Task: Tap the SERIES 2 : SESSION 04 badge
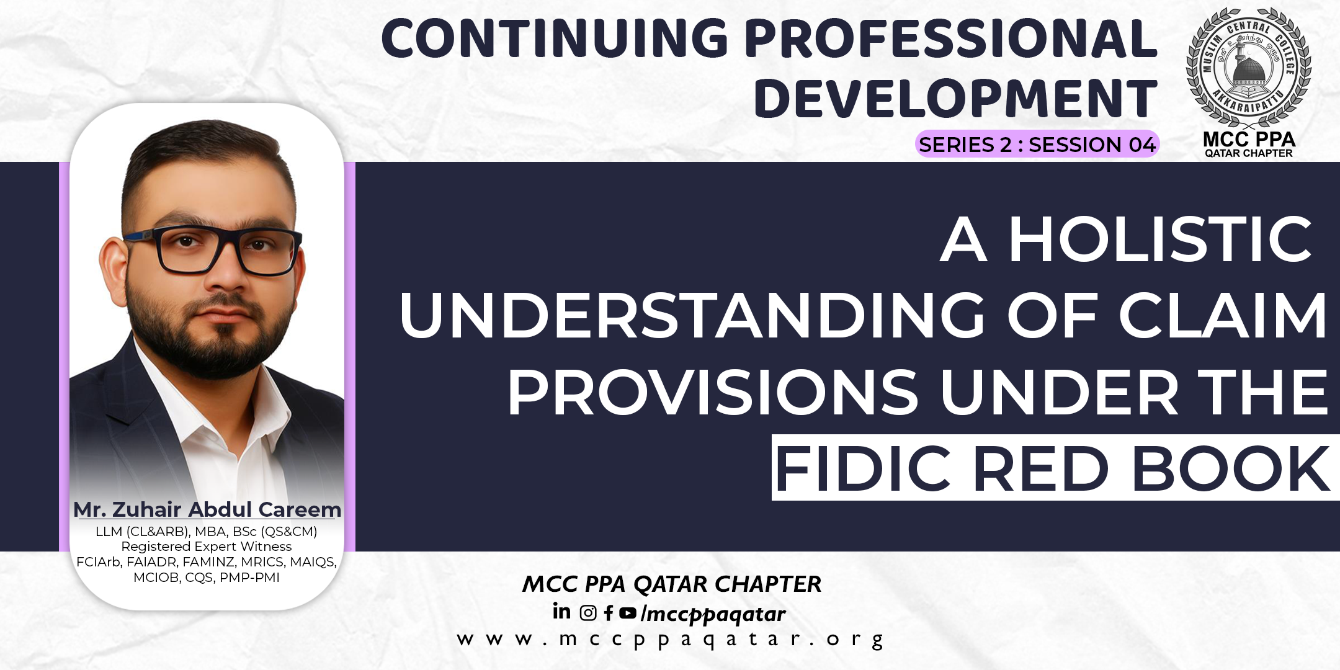1037,145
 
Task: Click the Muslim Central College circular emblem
1248,67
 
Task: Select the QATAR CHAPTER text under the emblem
1248,153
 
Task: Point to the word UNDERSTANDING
692,316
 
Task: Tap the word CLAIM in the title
1222,316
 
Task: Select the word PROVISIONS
712,393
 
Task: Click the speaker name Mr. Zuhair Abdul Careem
207,510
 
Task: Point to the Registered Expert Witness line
206,547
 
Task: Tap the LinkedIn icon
561,612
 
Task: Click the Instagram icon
587,614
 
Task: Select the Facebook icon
609,614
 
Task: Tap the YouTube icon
628,613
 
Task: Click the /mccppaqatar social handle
713,614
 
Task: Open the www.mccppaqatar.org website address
670,640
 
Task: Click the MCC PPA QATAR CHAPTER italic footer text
671,584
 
